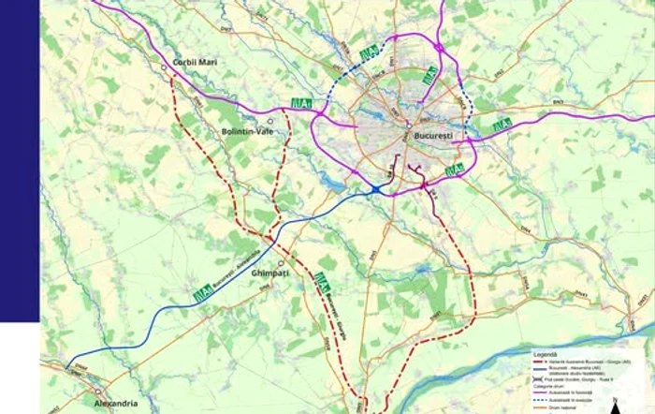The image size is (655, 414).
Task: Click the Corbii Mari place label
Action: [196, 62]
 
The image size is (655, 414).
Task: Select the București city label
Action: [433, 137]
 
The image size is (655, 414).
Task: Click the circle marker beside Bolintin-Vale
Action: [270, 121]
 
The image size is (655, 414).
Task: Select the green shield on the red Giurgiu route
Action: [323, 279]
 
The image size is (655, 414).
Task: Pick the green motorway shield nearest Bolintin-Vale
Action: [301, 103]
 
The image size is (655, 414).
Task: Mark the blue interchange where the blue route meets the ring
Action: [374, 190]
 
